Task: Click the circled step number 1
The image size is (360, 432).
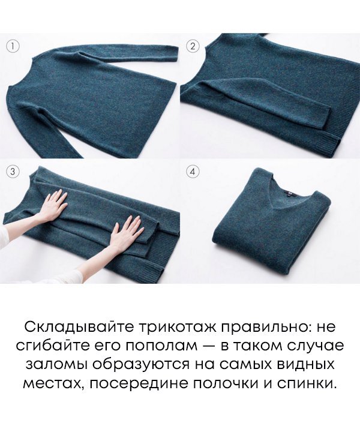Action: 13,46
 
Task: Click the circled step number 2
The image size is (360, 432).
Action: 193,46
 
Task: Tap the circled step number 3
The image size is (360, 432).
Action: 13,172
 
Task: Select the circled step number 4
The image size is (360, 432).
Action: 193,172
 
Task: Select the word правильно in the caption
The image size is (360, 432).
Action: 270,328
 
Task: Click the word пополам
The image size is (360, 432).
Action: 159,346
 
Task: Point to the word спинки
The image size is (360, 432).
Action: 306,383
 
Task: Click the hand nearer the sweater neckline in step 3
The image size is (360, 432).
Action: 55,204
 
